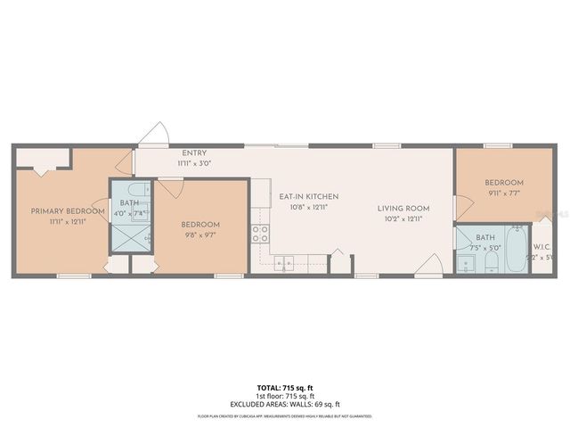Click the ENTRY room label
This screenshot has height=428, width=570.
pyautogui.click(x=194, y=153)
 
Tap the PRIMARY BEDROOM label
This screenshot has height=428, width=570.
pyautogui.click(x=61, y=211)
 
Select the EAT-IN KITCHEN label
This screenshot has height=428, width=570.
pyautogui.click(x=308, y=196)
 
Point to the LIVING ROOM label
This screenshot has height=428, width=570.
pyautogui.click(x=403, y=209)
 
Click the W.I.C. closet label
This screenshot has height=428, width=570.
pyautogui.click(x=543, y=247)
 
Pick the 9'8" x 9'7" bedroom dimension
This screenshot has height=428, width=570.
pyautogui.click(x=199, y=235)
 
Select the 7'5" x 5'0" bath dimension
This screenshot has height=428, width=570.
pyautogui.click(x=485, y=248)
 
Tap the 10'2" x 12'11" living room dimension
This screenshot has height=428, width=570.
pyautogui.click(x=403, y=218)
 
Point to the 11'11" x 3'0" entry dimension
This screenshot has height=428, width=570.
pyautogui.click(x=194, y=164)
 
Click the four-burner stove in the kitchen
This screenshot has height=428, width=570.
pyautogui.click(x=261, y=234)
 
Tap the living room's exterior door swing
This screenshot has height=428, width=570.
pyautogui.click(x=428, y=265)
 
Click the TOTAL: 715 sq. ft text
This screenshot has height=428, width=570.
pyautogui.click(x=285, y=387)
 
